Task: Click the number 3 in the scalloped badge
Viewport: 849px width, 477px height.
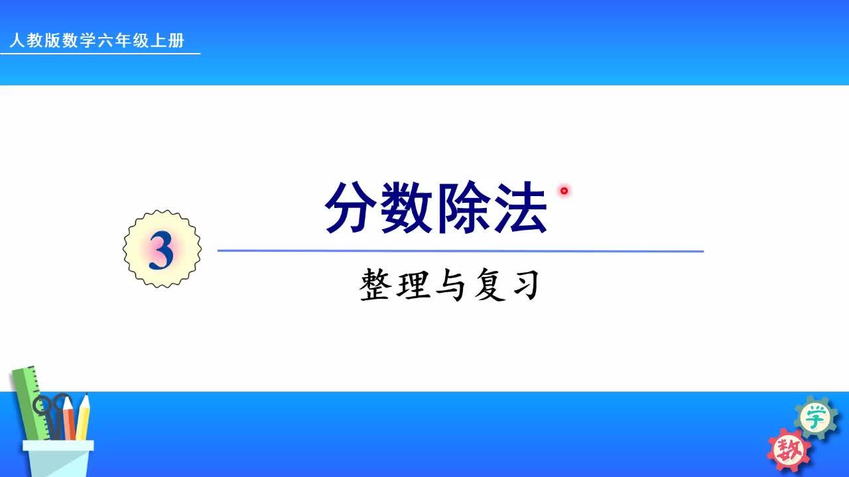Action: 161,251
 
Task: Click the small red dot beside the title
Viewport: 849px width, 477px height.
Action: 564,191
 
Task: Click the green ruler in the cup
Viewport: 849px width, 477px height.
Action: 27,397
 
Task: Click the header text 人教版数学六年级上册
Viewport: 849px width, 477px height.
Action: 97,41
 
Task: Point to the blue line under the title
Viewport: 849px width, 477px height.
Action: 460,251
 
